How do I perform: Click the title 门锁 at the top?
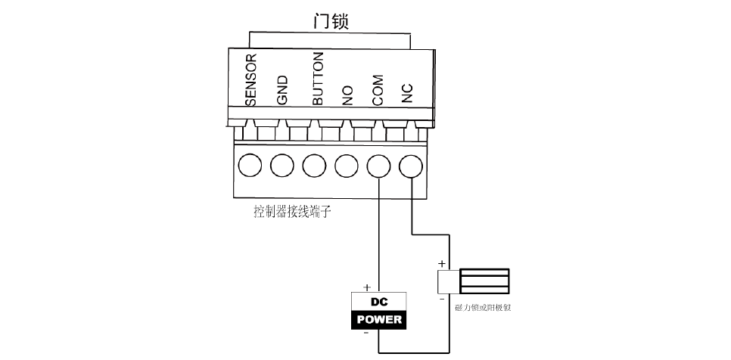[331, 21]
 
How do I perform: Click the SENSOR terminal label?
[252, 79]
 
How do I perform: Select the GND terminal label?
[283, 90]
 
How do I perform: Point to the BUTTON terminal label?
[318, 79]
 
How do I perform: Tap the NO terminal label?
[347, 95]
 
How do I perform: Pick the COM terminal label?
[378, 89]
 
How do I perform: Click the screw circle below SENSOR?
[250, 164]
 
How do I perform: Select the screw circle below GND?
[282, 164]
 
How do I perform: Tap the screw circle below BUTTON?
[314, 164]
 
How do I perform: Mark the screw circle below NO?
[346, 164]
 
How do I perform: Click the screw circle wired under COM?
[378, 164]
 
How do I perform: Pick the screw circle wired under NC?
[410, 164]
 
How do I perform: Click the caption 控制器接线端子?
[292, 212]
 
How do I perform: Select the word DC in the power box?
[378, 302]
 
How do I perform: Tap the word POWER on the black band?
[378, 319]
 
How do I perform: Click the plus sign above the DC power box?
[367, 287]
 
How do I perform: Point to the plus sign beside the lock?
[442, 264]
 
